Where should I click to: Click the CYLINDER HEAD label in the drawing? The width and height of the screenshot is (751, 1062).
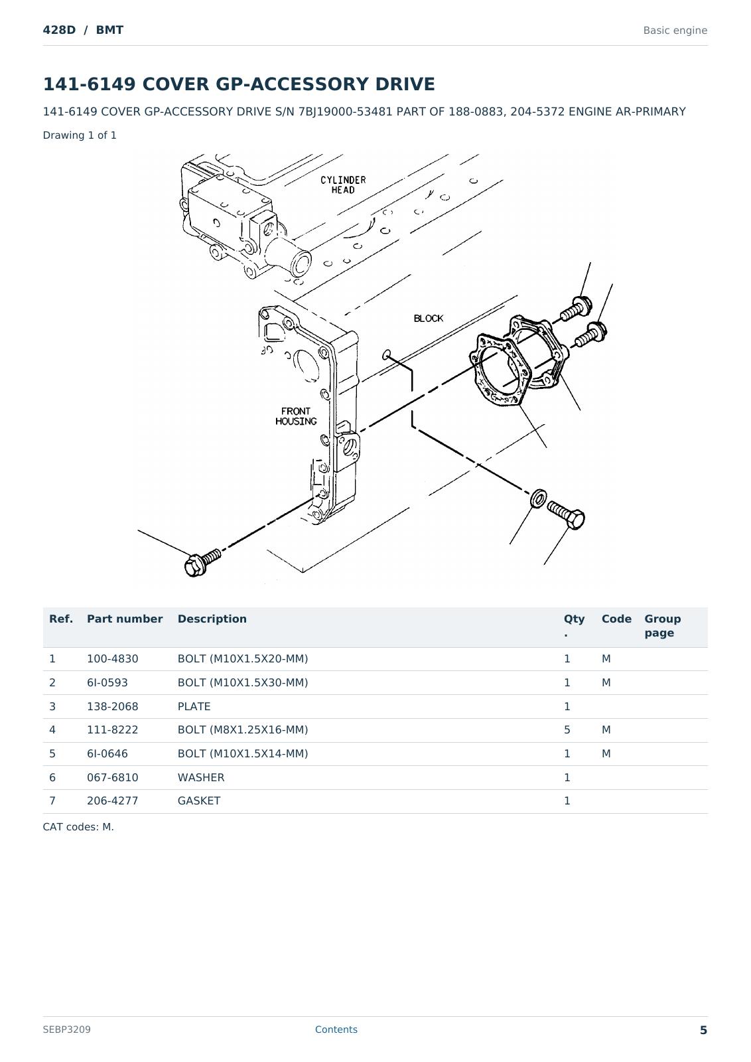click(x=343, y=185)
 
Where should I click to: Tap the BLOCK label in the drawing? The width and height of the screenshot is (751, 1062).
click(x=429, y=319)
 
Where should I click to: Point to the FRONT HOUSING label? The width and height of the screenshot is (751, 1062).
click(x=296, y=416)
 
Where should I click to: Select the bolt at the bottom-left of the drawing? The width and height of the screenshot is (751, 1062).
click(x=202, y=563)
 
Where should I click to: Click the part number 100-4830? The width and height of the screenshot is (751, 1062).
click(x=112, y=659)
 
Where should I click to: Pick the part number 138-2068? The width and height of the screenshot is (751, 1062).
click(x=112, y=706)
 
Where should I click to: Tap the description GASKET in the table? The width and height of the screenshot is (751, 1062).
click(x=199, y=800)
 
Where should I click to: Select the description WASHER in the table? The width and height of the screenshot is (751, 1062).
click(x=201, y=777)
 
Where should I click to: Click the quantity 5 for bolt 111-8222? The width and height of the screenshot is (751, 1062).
click(x=567, y=729)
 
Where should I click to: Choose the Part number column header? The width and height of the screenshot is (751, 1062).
click(x=125, y=619)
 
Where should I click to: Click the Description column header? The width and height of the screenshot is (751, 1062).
click(x=212, y=619)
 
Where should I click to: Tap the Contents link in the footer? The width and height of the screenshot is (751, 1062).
click(x=336, y=1029)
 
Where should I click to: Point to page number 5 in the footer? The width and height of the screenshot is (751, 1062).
click(x=703, y=1030)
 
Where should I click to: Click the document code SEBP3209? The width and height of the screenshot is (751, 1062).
click(x=67, y=1029)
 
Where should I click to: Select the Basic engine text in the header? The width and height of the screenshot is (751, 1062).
click(x=675, y=31)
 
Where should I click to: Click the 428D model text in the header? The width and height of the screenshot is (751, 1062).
click(x=59, y=30)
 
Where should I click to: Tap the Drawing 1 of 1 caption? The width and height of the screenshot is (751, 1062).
click(x=80, y=135)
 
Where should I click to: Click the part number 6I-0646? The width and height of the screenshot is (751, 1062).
click(x=107, y=754)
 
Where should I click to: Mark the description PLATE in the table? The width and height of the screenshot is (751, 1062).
click(x=194, y=706)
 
